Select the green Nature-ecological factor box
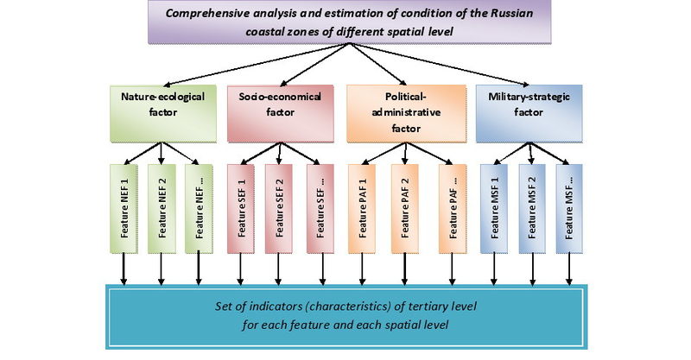pos(162,111)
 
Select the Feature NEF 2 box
pos(162,206)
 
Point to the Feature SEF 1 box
pos(243,206)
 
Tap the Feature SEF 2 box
pos(281,206)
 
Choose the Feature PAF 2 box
pos(402,206)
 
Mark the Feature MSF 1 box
pos(493,206)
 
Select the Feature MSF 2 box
pos(531,206)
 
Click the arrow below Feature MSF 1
pos(493,269)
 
